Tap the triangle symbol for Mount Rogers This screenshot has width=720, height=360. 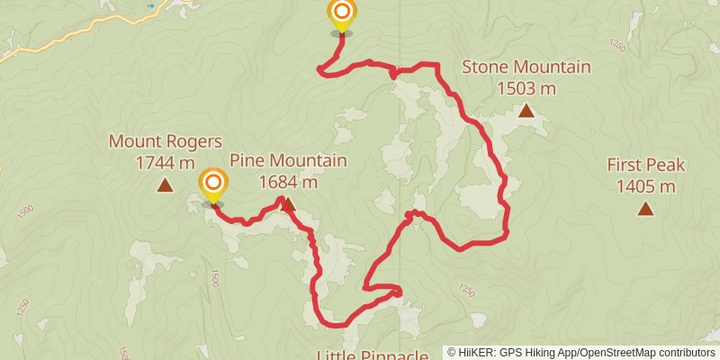pyautogui.click(x=165, y=185)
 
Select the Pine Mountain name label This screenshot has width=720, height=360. pyautogui.click(x=288, y=161)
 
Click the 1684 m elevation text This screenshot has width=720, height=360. pyautogui.click(x=288, y=182)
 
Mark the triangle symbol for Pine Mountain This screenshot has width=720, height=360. pyautogui.click(x=289, y=205)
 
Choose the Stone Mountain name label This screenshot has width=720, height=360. pyautogui.click(x=526, y=67)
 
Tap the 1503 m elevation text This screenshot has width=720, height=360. pyautogui.click(x=526, y=88)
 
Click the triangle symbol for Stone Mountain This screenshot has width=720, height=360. pyautogui.click(x=526, y=111)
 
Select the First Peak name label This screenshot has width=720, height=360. pyautogui.click(x=645, y=166)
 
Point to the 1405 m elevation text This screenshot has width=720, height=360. pyautogui.click(x=645, y=186)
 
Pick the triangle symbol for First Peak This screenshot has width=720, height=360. pyautogui.click(x=645, y=209)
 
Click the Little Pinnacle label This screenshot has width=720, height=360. pyautogui.click(x=372, y=355)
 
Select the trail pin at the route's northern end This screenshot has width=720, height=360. pyautogui.click(x=342, y=13)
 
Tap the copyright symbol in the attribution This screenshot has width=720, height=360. pyautogui.click(x=451, y=353)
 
